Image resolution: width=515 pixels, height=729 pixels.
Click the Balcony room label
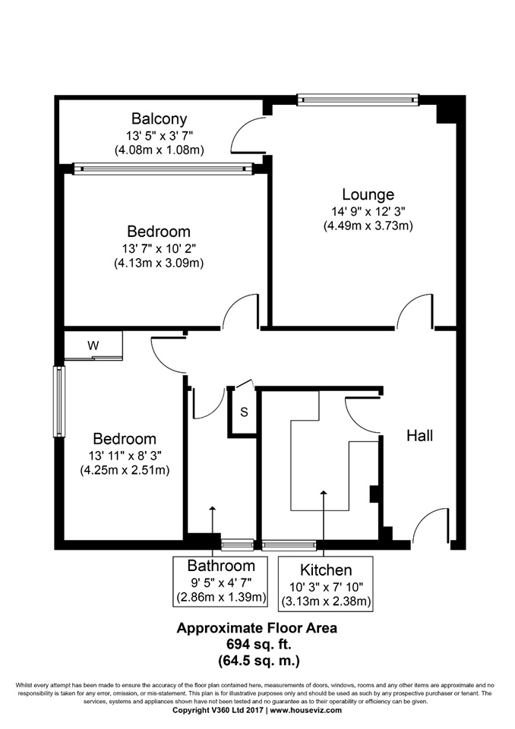coord(159,119)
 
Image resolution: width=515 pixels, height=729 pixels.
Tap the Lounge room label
coord(367,194)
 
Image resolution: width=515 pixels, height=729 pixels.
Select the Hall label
coord(420,435)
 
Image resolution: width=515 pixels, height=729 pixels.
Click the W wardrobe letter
coord(93,346)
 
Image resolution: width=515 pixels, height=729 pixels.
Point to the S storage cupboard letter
coord(244,412)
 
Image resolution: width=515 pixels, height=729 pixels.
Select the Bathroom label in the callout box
coord(221,566)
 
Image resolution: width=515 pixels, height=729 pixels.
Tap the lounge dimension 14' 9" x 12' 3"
coord(367,210)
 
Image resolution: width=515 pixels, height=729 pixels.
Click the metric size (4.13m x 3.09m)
coord(160,263)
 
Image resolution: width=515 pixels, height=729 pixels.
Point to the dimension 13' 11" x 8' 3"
coord(125,455)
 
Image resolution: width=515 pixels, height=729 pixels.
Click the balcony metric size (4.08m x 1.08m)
coord(160,150)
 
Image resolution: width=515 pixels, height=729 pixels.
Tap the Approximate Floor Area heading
coord(257,628)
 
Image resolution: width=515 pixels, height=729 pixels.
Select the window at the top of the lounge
coord(357,99)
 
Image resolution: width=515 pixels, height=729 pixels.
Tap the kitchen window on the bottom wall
coord(289,544)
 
